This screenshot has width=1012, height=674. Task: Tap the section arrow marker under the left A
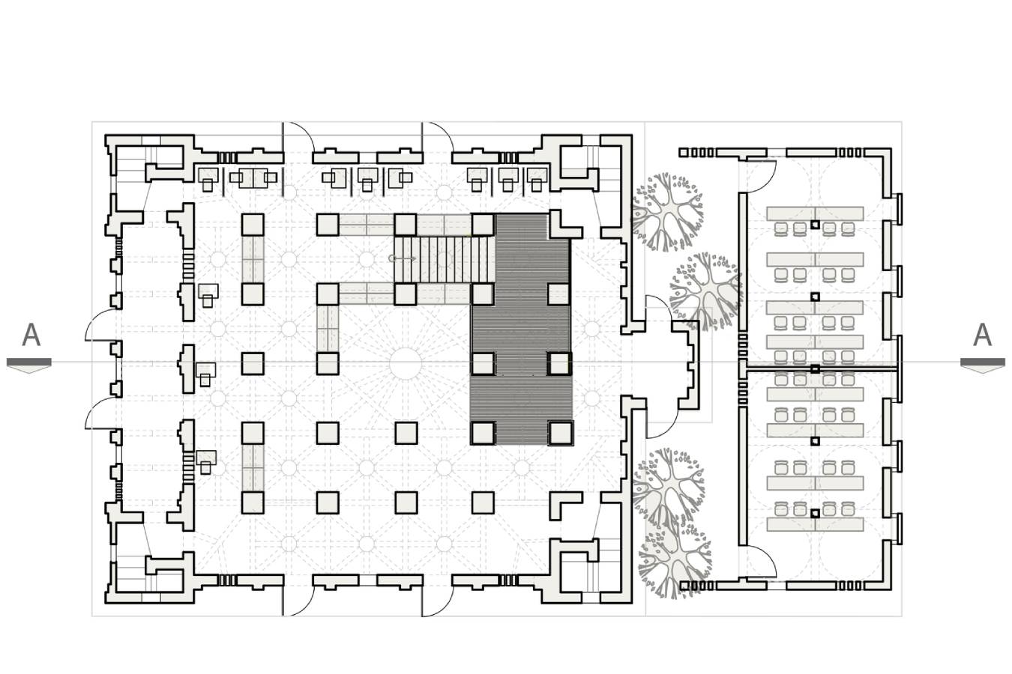point(29,364)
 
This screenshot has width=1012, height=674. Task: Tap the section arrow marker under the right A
point(983,364)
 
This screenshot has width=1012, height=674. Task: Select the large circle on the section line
point(406,363)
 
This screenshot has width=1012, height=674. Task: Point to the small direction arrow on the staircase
point(402,258)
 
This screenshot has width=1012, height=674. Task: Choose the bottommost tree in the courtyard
point(674,559)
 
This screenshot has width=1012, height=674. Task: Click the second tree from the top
point(705,291)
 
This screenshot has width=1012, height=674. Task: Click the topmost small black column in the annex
point(815,225)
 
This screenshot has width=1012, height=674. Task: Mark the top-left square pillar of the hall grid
point(253,225)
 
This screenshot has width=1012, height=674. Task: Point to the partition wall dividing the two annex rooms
point(821,369)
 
